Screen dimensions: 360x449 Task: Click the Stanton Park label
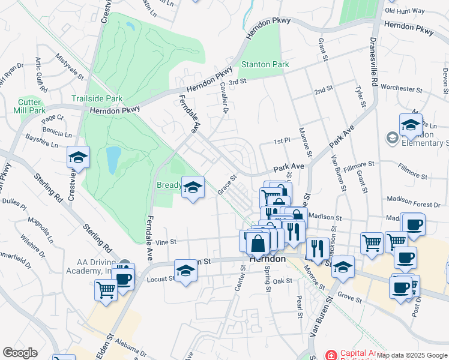(265, 64)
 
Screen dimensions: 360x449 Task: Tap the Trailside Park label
(97, 98)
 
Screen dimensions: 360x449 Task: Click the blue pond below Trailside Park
(113, 160)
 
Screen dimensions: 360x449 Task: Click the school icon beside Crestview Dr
(78, 158)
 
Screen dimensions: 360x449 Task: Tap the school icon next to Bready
(193, 188)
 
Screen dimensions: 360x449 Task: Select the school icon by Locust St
(185, 272)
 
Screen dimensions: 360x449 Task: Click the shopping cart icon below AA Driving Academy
(106, 291)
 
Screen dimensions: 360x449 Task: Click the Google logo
(20, 352)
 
